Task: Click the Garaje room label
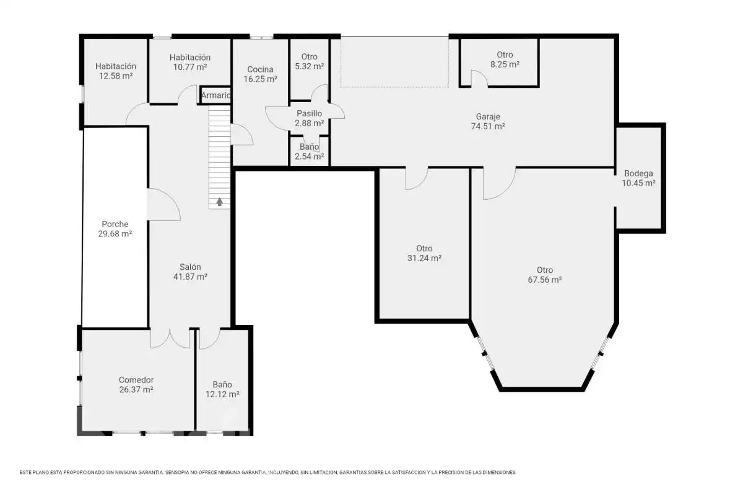pos(488,117)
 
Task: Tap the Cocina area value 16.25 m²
pos(261,79)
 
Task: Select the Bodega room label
pos(638,173)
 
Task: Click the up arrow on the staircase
pos(220,202)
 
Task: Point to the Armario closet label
pos(215,95)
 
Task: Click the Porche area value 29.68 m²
pos(115,234)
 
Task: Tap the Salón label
pos(191,267)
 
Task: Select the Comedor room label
pos(136,380)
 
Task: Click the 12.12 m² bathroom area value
pos(222,394)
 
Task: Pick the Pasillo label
pos(309,114)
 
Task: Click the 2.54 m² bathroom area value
pos(309,157)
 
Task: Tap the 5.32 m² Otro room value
pos(309,66)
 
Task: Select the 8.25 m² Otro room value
pos(505,64)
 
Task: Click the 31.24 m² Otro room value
pos(424,258)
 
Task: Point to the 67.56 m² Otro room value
pos(545,280)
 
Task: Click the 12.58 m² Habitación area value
pos(116,76)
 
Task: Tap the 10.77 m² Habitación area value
pos(190,67)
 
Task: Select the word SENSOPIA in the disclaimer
pos(177,473)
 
